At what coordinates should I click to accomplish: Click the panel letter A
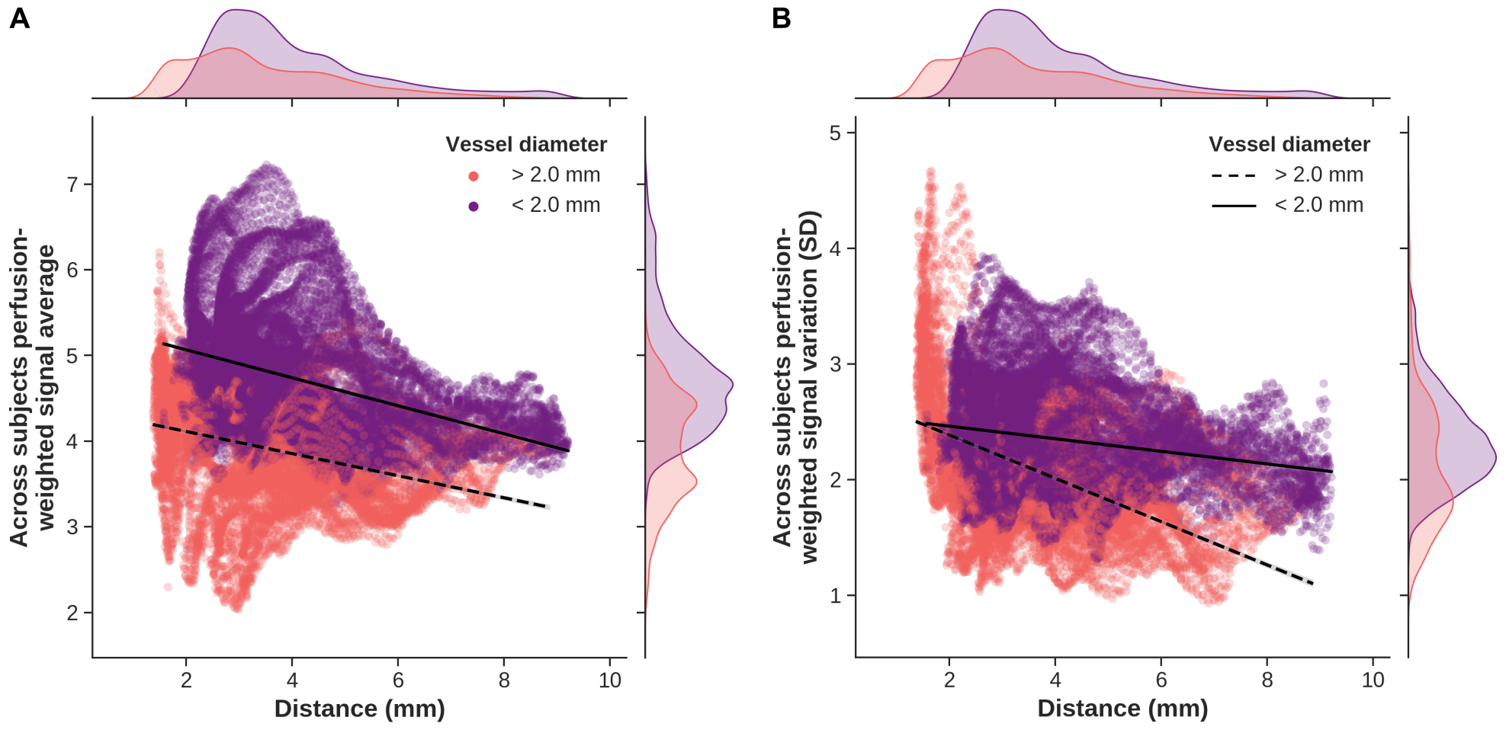coord(19,18)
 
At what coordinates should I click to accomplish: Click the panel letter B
coord(781,18)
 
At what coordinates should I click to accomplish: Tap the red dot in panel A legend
coord(474,176)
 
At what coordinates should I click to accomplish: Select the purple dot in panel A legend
coord(474,207)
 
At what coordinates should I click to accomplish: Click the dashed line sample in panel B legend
coord(1233,176)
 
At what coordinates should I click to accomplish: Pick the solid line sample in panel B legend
coord(1233,206)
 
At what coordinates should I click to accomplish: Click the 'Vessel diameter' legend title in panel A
coord(526,145)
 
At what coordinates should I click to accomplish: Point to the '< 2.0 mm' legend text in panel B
coord(1318,205)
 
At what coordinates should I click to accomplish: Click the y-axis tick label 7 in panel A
coord(73,184)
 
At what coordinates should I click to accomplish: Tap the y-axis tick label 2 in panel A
coord(73,613)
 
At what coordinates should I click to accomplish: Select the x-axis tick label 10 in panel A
coord(610,680)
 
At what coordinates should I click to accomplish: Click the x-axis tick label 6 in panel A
coord(398,680)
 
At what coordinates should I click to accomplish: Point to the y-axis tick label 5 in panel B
coord(836,133)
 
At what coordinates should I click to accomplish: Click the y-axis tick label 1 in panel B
coord(836,596)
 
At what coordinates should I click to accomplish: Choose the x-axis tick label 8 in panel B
coord(1267,680)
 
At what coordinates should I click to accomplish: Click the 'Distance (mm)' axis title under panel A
coord(359,709)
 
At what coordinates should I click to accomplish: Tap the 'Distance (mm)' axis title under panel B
coord(1122,709)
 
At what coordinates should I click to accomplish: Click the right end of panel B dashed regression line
coord(1312,584)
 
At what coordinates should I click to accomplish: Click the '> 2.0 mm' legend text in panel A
coord(556,175)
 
